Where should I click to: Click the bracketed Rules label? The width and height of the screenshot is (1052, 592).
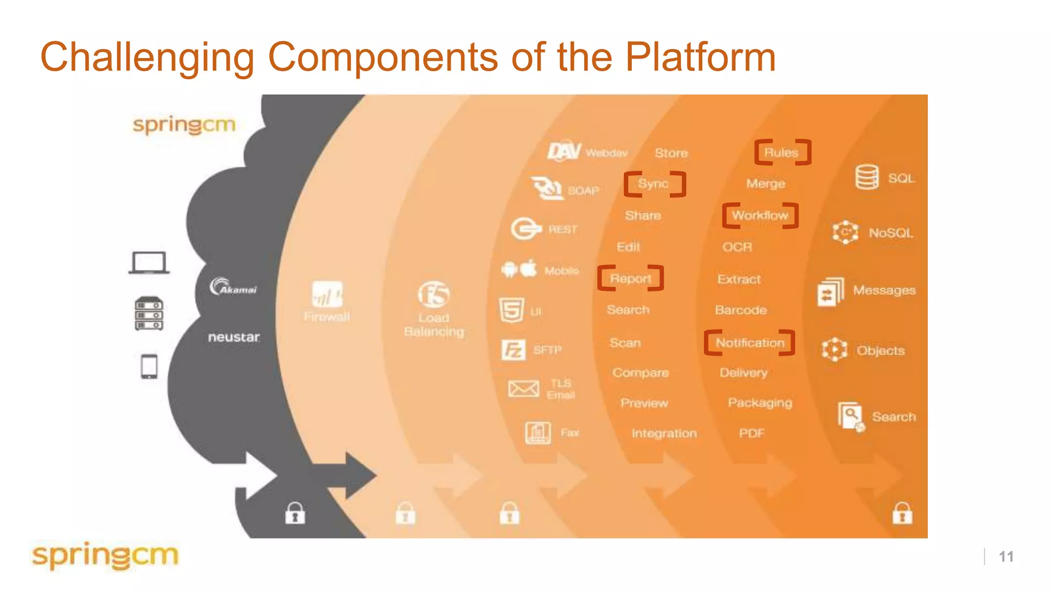(782, 152)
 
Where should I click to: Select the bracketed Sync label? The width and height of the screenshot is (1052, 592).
(654, 183)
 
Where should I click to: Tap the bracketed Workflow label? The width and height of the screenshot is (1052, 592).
(760, 215)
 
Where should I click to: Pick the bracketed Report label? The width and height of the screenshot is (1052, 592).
(630, 279)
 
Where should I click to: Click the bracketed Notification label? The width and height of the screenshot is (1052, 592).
(749, 343)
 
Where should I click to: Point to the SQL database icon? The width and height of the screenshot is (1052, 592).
(867, 177)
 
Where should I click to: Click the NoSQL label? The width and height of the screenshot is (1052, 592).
(891, 233)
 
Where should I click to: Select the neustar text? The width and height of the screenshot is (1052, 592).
(234, 337)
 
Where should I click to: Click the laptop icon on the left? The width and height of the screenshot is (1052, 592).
(148, 263)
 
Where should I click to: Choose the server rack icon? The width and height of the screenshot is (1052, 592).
(149, 313)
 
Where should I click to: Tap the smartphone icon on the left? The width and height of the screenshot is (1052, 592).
(149, 366)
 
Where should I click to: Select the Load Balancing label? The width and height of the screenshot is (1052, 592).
(434, 325)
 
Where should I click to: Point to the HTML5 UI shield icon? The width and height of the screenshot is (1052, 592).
(512, 310)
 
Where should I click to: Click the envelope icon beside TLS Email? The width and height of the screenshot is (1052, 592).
(523, 388)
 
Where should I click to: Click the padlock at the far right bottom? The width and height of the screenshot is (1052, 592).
(902, 513)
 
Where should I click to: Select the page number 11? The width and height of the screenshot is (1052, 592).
(1006, 557)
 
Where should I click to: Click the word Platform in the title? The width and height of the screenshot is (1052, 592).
(700, 57)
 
